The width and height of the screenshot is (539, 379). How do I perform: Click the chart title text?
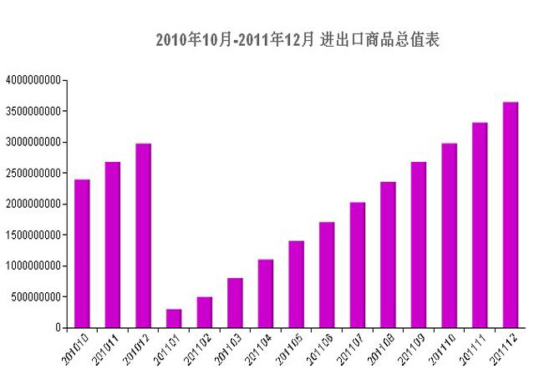297,40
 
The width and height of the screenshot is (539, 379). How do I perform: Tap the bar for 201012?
143,235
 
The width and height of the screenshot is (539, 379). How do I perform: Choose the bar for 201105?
296,284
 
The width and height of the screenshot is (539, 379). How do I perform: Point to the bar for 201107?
357,265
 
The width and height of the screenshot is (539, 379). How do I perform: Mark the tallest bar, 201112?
510,215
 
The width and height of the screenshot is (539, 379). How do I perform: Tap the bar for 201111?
480,225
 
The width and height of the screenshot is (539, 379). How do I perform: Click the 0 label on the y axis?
58,327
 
